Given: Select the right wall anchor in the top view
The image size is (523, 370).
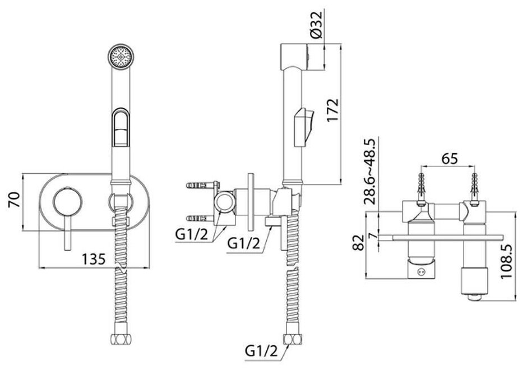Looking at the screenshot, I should (x=475, y=183).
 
